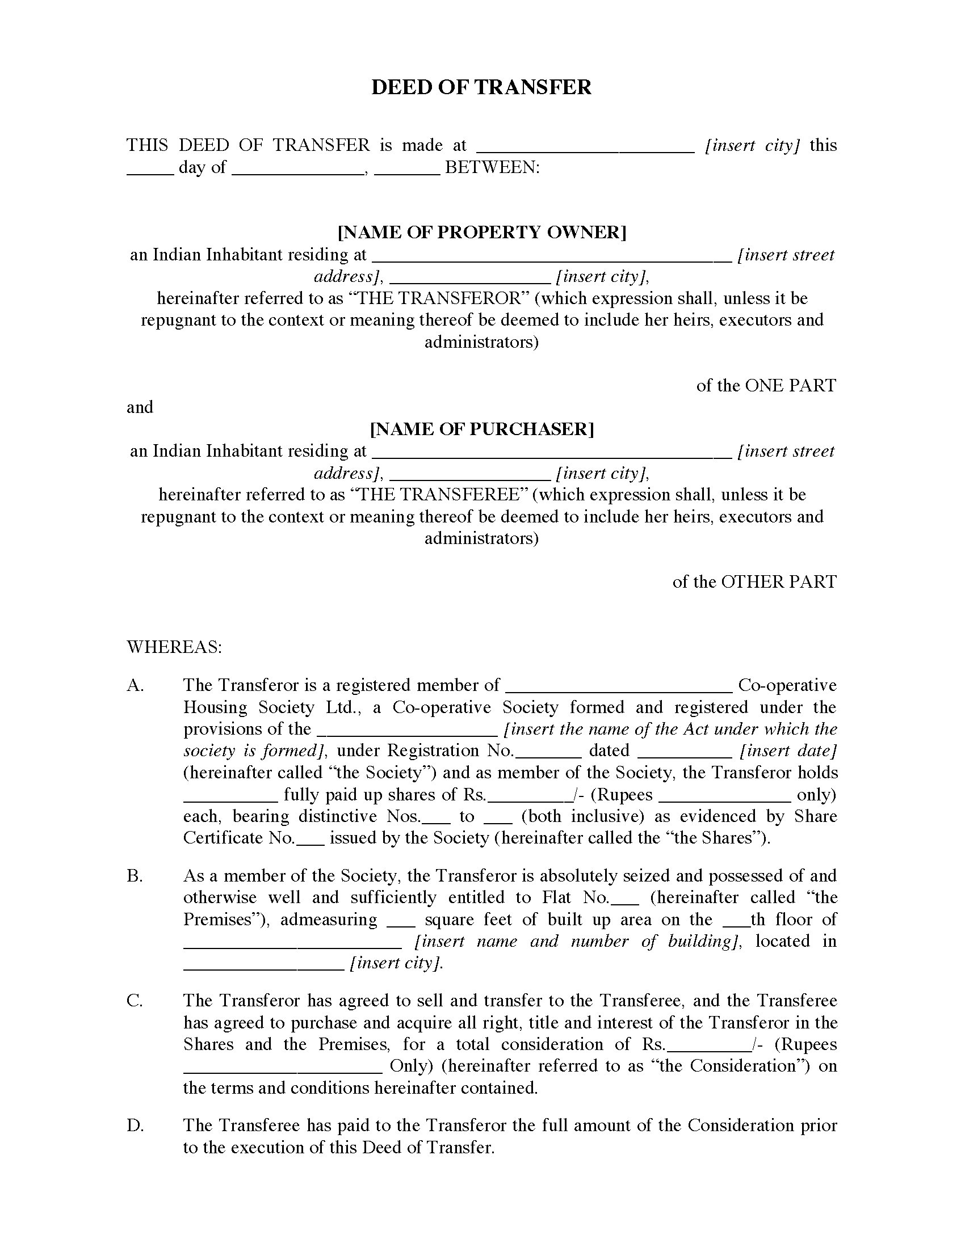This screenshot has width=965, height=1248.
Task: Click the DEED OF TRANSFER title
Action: click(x=481, y=87)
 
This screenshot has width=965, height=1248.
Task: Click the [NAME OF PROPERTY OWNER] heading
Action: click(x=482, y=232)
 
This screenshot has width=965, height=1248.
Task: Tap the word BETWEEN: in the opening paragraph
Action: click(x=492, y=167)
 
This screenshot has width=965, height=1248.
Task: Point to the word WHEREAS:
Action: click(x=174, y=647)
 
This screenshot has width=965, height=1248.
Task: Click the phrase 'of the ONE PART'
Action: click(x=766, y=385)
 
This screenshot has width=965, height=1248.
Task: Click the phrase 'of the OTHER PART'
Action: click(x=754, y=581)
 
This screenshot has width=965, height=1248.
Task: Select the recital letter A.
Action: click(x=135, y=685)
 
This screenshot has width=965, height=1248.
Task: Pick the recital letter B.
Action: click(x=135, y=876)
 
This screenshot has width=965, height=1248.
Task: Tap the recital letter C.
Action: click(x=135, y=1001)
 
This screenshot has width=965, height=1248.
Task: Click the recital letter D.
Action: click(x=135, y=1125)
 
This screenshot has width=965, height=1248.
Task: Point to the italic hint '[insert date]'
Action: click(x=788, y=751)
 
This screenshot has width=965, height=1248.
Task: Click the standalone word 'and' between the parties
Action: click(x=140, y=407)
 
